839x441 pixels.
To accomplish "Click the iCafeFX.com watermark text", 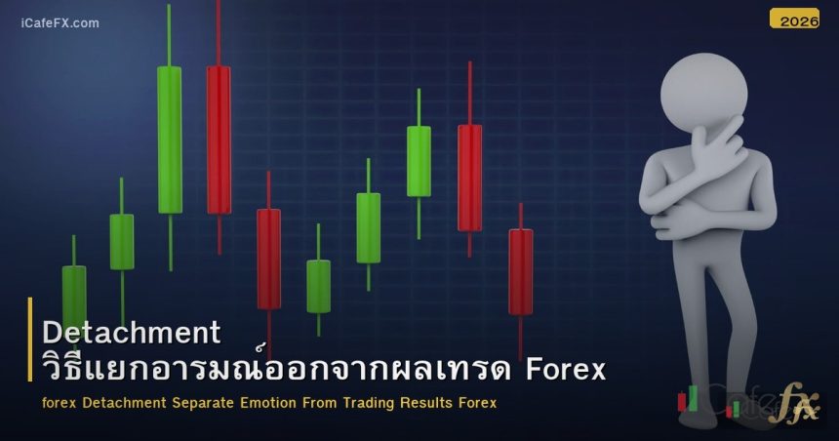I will pyautogui.click(x=60, y=22).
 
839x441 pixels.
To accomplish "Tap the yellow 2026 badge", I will pyautogui.click(x=794, y=19).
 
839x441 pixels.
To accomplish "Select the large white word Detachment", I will pyautogui.click(x=132, y=333).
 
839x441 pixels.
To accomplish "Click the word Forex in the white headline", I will pyautogui.click(x=566, y=371).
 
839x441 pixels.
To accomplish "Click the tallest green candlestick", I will pyautogui.click(x=169, y=139).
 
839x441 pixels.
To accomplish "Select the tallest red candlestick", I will pyautogui.click(x=219, y=139).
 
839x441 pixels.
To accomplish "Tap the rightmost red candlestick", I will pyautogui.click(x=521, y=271).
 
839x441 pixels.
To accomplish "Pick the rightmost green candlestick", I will pyautogui.click(x=419, y=161).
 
